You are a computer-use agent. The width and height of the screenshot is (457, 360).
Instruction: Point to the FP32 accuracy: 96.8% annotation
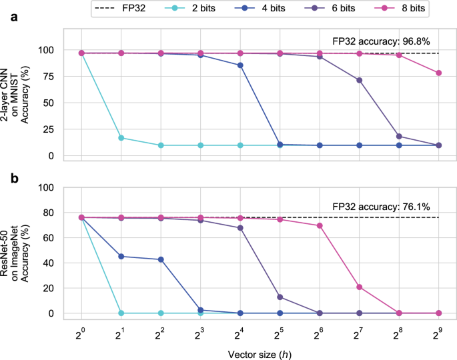click(378, 41)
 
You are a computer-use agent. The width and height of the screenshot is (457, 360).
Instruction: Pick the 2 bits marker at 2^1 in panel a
click(121, 138)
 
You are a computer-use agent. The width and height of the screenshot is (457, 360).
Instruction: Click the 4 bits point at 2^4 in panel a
click(240, 65)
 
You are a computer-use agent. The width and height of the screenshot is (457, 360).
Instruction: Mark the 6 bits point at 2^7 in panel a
click(359, 80)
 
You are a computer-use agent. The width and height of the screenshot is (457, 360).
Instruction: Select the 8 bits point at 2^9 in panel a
click(438, 73)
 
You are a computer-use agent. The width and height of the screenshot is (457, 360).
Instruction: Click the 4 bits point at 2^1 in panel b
click(121, 256)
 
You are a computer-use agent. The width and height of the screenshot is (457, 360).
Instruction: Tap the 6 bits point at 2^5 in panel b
click(280, 297)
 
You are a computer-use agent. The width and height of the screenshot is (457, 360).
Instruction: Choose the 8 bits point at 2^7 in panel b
click(359, 287)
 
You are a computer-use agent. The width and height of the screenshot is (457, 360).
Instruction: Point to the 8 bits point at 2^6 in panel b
click(320, 225)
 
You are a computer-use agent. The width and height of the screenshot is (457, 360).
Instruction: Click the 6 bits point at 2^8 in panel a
click(399, 137)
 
